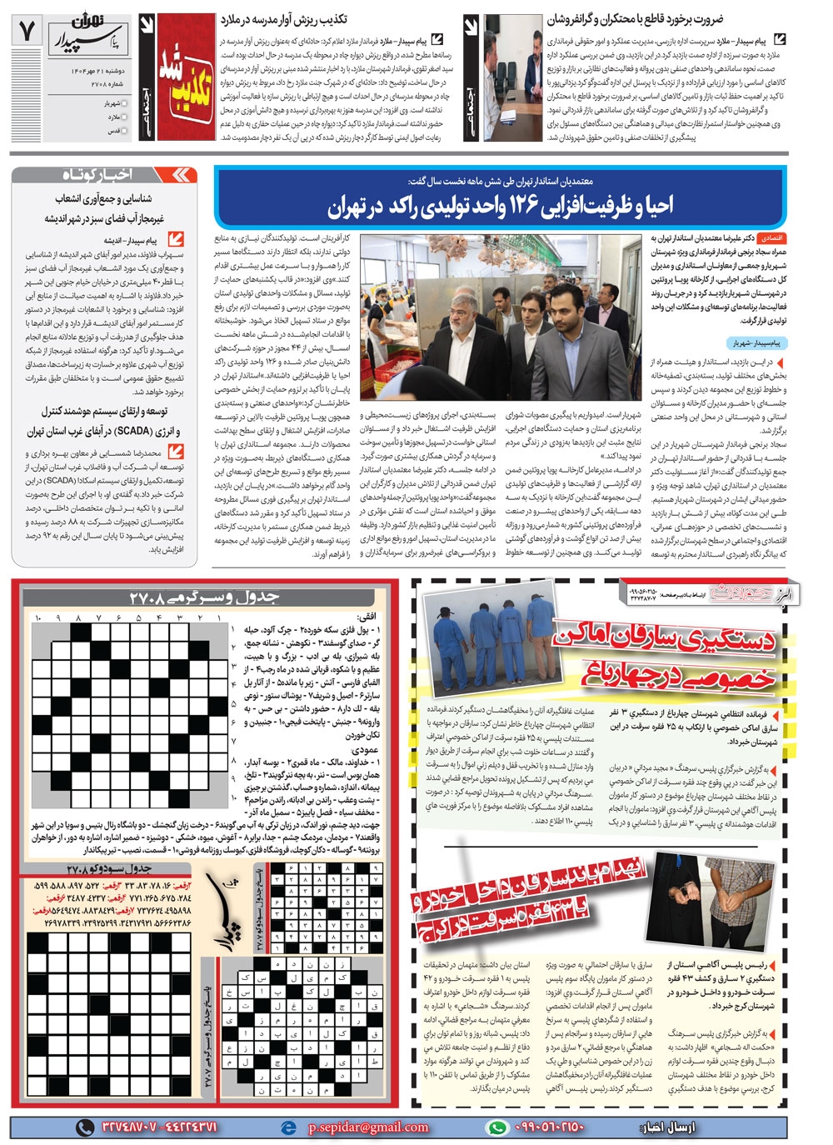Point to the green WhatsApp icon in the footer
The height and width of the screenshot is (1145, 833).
coord(497,1127)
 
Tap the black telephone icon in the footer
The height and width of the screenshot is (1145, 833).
coord(85,1127)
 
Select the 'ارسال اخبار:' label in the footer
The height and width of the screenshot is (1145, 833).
coord(666,1127)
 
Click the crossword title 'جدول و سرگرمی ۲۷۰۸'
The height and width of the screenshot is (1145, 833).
coord(204,597)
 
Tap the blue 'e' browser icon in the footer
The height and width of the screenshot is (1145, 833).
coord(288,1127)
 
